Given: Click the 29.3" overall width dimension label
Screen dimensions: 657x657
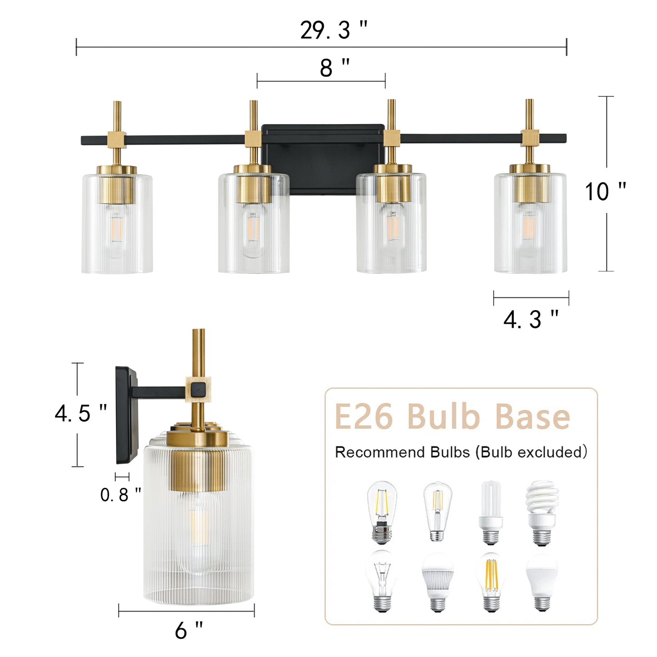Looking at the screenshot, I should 333,30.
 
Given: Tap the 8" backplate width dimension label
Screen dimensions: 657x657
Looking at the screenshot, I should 335,69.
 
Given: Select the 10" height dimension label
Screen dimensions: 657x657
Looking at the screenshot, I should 605,191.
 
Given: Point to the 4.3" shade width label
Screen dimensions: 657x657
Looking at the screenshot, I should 531,319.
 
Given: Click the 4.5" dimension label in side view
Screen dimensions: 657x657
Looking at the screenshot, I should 81,413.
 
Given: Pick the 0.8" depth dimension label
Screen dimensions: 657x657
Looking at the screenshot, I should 120,495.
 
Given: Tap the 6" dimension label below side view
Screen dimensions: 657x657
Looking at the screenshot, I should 189,631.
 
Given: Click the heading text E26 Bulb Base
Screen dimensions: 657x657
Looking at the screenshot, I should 452,416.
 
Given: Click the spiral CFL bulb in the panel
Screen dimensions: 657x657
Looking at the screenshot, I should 542,512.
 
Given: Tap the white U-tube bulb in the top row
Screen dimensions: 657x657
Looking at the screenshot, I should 491,512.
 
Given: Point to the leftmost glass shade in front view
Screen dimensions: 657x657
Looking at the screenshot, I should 117,227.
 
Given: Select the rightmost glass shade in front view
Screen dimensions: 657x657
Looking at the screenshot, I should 530,227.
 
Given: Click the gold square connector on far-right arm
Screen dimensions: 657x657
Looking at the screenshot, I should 530,137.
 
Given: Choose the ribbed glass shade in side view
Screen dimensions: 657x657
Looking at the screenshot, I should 199,546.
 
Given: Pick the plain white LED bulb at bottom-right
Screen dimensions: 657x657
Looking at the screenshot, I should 542,581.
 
